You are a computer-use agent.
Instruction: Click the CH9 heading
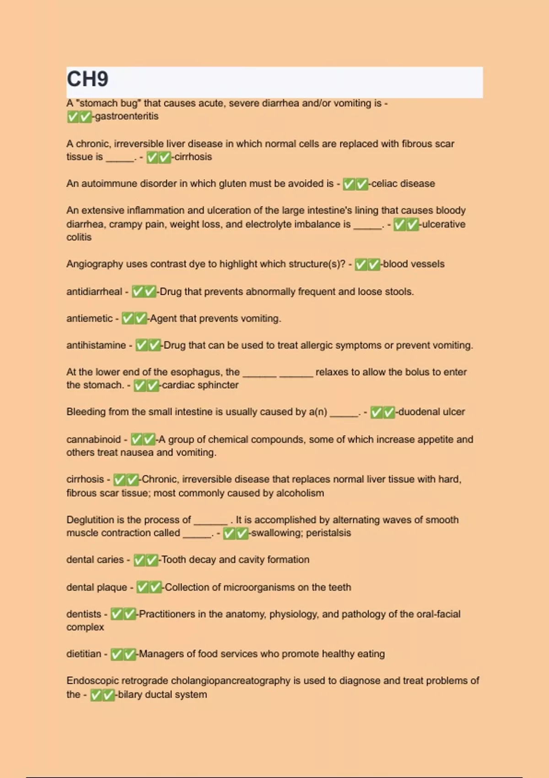87,79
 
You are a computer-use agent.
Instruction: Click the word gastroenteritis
127,116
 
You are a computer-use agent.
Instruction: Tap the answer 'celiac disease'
403,184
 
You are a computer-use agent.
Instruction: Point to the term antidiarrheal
94,292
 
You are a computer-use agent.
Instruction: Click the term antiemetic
89,319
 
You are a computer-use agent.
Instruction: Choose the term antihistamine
96,345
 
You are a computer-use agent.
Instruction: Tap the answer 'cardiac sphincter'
200,385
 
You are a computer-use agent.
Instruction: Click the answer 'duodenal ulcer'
431,412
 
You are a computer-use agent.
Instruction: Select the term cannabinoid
93,439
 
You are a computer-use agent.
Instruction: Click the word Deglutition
90,520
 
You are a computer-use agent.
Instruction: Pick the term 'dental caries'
95,559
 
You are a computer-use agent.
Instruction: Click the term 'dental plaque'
97,587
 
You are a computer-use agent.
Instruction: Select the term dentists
84,614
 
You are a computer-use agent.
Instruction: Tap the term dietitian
84,654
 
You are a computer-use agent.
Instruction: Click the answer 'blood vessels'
414,264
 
